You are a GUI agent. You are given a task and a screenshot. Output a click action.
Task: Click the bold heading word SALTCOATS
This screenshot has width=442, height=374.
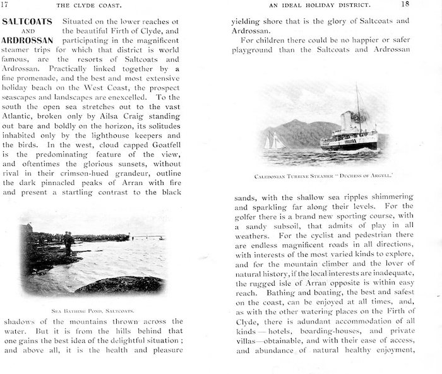pos(29,21)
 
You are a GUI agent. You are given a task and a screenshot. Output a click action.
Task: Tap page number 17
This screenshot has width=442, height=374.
pos(6,4)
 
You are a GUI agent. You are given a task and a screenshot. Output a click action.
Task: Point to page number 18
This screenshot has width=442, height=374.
pos(422,4)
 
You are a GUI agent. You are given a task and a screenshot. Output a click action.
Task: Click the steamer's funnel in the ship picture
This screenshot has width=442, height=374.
pos(347,119)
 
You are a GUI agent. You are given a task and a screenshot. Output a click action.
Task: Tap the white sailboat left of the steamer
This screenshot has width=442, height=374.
pos(275,142)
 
